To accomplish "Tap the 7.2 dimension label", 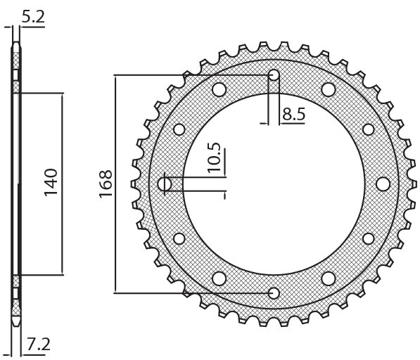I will point(38,345).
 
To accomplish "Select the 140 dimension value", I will point(50,182).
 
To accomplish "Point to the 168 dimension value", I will point(105,184).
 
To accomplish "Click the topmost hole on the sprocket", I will point(274,75).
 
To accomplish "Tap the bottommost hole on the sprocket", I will point(274,292).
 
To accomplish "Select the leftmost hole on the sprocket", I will point(165,184).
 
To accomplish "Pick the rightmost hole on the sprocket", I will point(383,184).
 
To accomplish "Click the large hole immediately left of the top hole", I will point(219,89).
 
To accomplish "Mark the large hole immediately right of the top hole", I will point(329,89).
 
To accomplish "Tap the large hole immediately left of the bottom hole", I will point(219,278).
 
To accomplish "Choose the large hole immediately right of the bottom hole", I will point(329,278).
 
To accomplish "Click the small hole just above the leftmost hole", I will point(179,129).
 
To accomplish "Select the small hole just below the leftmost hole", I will point(179,239).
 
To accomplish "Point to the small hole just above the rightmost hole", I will point(369,129).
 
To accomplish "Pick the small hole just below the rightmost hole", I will point(369,239).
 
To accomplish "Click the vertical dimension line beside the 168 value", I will point(114,184).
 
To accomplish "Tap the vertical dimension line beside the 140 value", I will point(63,184).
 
